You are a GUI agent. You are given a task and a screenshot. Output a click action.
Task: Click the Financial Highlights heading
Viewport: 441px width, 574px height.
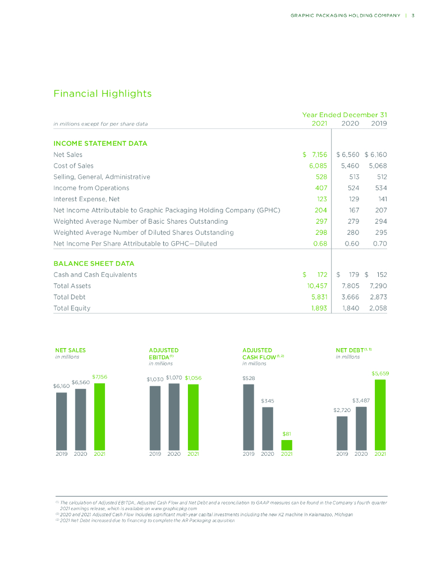point(102,94)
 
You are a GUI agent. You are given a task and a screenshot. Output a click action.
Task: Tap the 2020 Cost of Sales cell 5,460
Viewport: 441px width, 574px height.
point(347,166)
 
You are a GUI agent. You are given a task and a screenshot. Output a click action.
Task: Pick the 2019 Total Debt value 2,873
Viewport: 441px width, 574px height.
point(375,297)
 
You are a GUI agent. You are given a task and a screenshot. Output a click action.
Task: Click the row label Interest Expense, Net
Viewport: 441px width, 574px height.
point(86,199)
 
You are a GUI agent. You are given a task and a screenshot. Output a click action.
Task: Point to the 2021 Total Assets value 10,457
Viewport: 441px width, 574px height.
point(314,286)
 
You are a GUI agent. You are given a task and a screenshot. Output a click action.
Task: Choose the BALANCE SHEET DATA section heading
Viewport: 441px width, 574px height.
point(94,263)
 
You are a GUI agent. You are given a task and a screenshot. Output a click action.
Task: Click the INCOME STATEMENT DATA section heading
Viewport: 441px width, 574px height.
point(100,143)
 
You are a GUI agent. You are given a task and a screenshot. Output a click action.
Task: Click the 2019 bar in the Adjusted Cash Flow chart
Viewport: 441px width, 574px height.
point(249,416)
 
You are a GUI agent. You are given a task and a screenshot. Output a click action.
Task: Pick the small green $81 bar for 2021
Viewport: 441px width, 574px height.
point(287,445)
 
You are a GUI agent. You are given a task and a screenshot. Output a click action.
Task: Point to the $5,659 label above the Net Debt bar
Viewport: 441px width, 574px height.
point(380,373)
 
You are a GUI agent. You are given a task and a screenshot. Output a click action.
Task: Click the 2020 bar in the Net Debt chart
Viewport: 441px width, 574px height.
point(361,428)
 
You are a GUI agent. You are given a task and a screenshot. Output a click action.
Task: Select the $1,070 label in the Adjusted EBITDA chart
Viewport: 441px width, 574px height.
point(174,378)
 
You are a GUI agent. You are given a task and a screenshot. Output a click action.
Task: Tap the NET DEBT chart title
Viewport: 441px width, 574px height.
point(348,350)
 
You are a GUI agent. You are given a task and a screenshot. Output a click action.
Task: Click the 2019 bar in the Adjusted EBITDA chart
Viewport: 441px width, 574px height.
point(155,418)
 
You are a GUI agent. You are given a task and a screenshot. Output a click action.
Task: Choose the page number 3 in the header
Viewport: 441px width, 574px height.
point(412,15)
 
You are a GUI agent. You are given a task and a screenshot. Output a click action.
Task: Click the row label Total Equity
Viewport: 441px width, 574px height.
point(72,308)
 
